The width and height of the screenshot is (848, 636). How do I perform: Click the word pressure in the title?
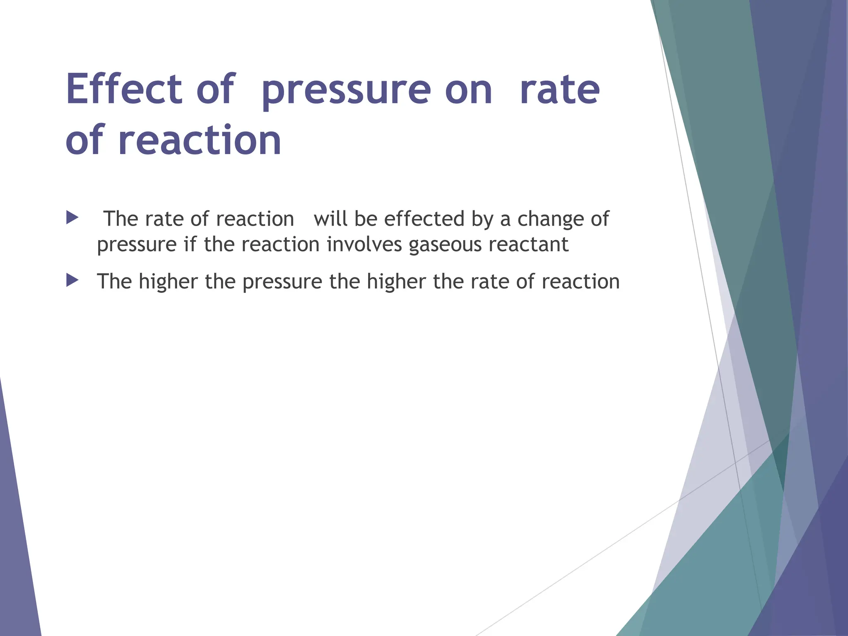click(x=346, y=90)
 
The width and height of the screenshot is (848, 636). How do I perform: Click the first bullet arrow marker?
click(x=72, y=218)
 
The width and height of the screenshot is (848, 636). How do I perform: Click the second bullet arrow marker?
click(x=72, y=280)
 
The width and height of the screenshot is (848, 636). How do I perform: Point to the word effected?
click(x=424, y=219)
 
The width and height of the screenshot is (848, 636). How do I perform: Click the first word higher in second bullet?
click(x=168, y=282)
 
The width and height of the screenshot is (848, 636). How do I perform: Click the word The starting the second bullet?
click(x=114, y=282)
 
